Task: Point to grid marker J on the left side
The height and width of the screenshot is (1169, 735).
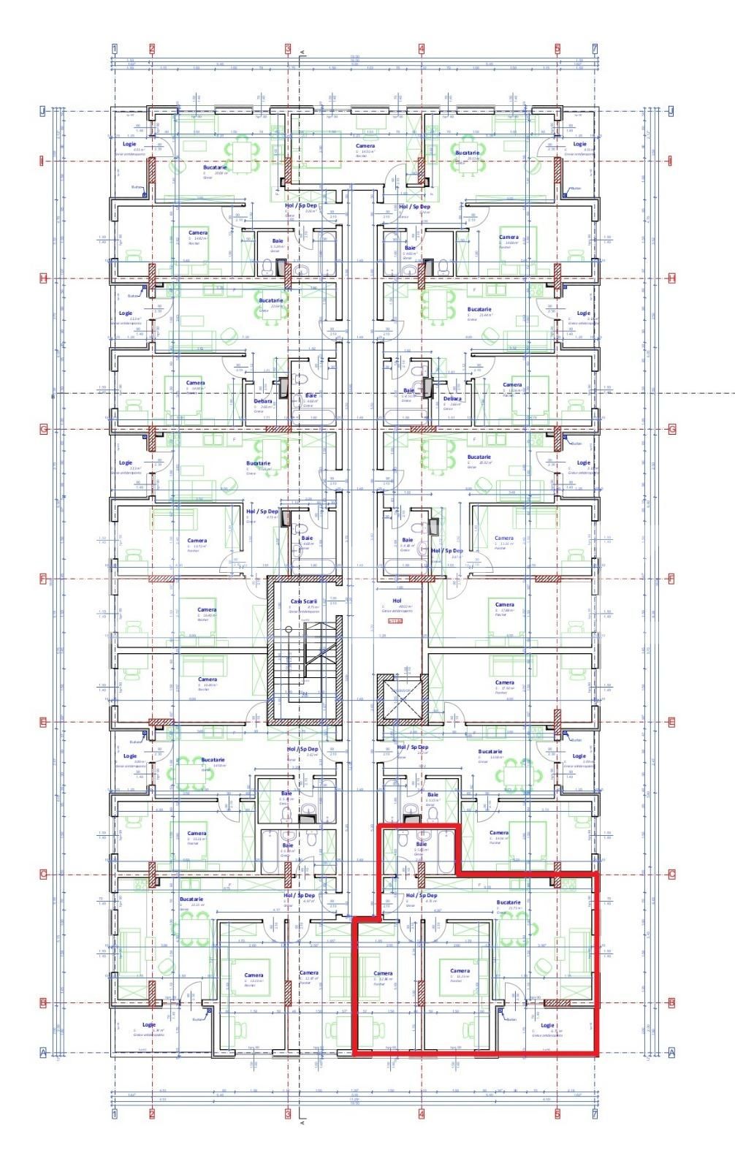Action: (43, 111)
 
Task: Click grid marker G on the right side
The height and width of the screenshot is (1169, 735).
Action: (672, 429)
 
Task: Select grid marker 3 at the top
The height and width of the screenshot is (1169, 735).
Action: (288, 49)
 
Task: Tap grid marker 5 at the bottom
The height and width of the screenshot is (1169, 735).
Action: (557, 1113)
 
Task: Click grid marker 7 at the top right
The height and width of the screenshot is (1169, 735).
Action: (595, 49)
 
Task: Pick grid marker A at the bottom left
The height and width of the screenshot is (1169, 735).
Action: (43, 1053)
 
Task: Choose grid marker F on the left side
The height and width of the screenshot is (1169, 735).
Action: (43, 579)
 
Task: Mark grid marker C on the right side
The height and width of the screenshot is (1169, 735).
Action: (672, 874)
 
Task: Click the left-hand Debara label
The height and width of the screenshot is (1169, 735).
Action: (263, 401)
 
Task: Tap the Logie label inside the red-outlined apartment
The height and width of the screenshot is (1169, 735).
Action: (547, 1025)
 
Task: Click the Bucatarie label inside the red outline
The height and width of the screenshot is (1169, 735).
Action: (509, 902)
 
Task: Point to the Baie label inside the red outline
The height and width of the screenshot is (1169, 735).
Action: (421, 844)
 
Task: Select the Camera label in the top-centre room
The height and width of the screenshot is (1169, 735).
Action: (365, 146)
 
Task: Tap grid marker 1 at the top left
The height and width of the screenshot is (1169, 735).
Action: (115, 49)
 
